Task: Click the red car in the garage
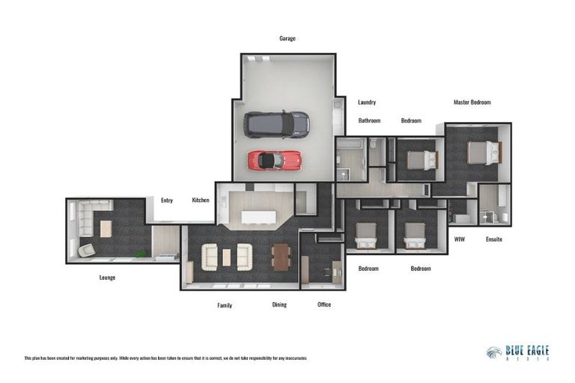274,160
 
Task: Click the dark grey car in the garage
276,124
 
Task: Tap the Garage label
287,38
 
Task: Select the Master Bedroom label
472,102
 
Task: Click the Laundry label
367,102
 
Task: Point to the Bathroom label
369,120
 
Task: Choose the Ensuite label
493,239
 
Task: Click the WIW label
460,239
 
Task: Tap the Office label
323,304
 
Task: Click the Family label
225,304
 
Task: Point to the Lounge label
107,278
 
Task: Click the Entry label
167,200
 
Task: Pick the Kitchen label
201,200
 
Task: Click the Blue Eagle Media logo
517,352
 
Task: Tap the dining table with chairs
280,257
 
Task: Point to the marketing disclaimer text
165,358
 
